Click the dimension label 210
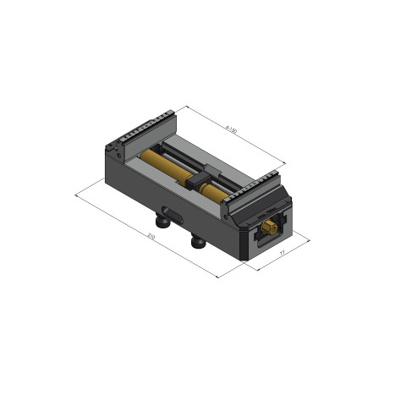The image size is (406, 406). [151, 235]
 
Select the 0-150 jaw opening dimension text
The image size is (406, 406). [231, 129]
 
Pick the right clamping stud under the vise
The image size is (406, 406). [199, 243]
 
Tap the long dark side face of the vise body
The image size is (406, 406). [169, 200]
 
